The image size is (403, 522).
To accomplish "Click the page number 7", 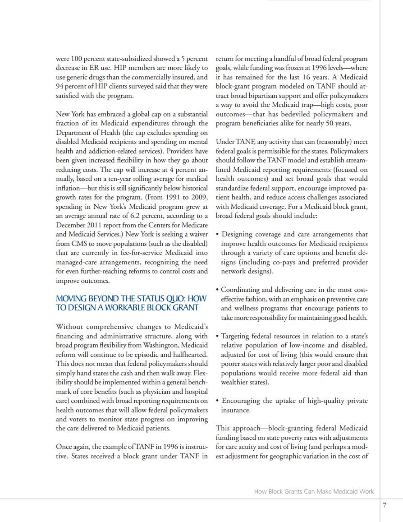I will [384, 506].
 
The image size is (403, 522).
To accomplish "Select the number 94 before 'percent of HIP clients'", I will [60, 86].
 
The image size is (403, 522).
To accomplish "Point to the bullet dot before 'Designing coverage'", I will [218, 235].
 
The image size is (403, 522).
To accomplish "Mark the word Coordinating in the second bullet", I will [242, 290].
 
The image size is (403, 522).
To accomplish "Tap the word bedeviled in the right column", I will [306, 114].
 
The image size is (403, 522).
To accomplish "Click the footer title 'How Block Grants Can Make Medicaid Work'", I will [314, 491].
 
